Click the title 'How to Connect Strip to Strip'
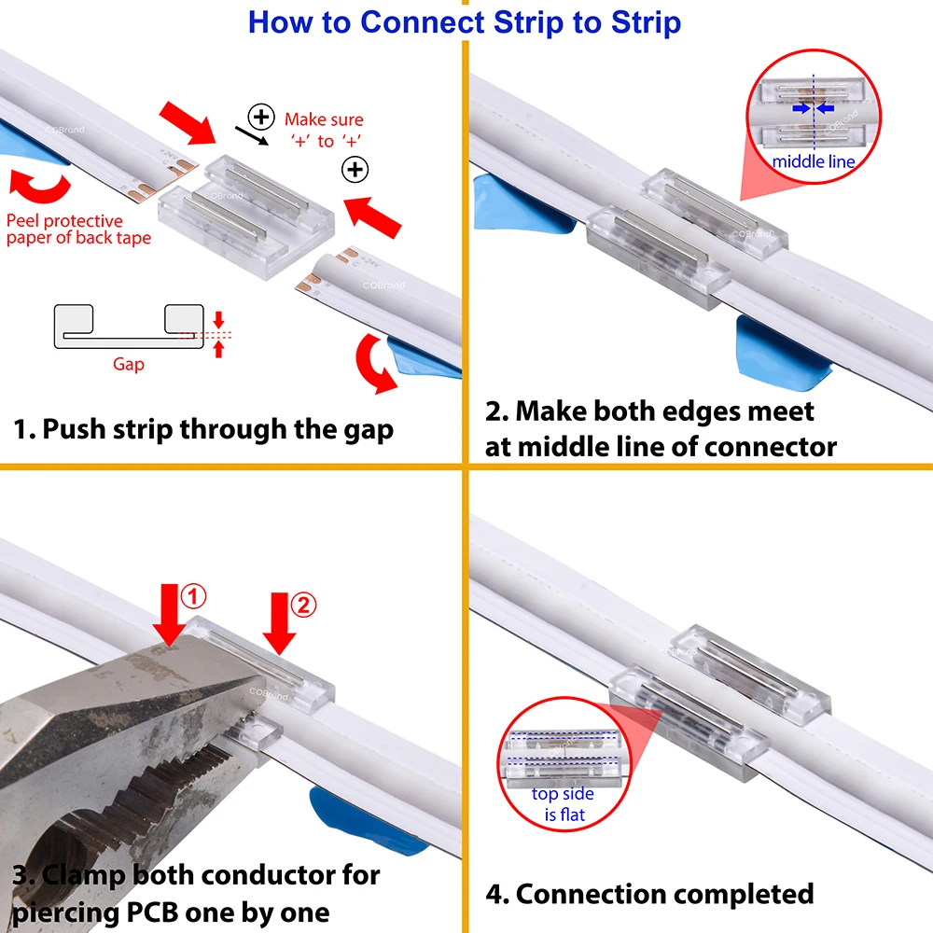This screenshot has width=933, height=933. [x=465, y=21]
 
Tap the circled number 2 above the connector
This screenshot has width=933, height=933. [x=304, y=605]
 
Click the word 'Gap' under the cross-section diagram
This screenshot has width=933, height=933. [x=129, y=364]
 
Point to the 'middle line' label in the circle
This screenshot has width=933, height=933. [x=813, y=162]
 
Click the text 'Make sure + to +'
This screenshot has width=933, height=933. [x=323, y=130]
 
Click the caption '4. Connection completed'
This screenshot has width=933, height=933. [x=649, y=894]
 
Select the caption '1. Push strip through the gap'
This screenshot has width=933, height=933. [x=203, y=429]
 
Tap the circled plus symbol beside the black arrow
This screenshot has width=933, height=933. [x=262, y=117]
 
